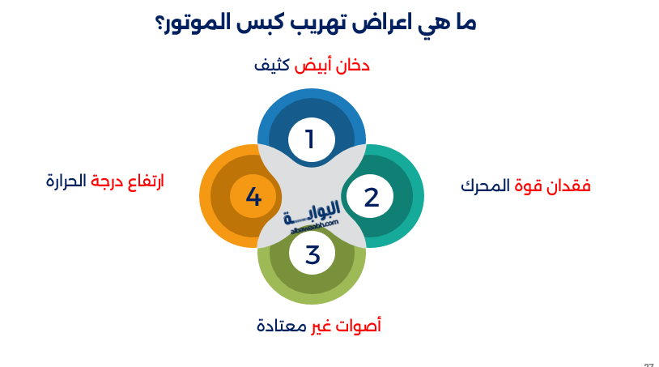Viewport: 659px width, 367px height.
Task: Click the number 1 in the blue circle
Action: pyautogui.click(x=310, y=139)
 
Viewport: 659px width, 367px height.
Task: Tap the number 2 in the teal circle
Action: pyautogui.click(x=371, y=197)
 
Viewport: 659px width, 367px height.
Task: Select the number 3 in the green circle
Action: pyautogui.click(x=312, y=254)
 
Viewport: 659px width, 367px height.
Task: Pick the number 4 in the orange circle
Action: pyautogui.click(x=253, y=197)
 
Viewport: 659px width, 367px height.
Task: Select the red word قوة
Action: pyautogui.click(x=526, y=185)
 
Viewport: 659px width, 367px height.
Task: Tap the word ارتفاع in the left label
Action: pyautogui.click(x=142, y=181)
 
